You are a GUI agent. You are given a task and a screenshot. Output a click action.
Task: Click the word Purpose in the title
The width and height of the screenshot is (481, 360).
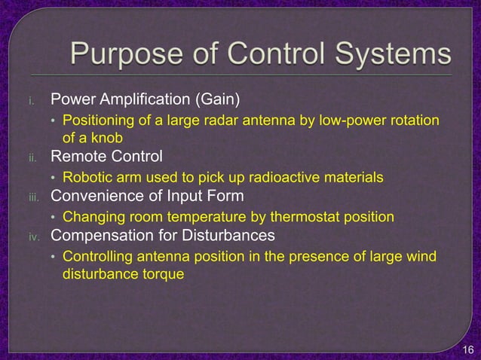click(x=120, y=54)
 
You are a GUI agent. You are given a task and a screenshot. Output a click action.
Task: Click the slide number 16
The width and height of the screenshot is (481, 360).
click(x=467, y=350)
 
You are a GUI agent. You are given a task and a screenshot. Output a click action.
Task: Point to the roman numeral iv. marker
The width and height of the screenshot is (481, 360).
click(x=34, y=236)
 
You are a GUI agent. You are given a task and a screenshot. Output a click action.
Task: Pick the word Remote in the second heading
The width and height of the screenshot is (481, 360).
click(x=77, y=158)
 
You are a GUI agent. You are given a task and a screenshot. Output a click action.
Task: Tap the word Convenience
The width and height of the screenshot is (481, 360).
click(x=96, y=197)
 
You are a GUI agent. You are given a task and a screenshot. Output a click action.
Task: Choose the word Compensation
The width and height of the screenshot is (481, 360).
click(x=100, y=236)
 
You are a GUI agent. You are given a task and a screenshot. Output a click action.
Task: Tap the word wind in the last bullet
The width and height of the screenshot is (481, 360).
click(x=423, y=257)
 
